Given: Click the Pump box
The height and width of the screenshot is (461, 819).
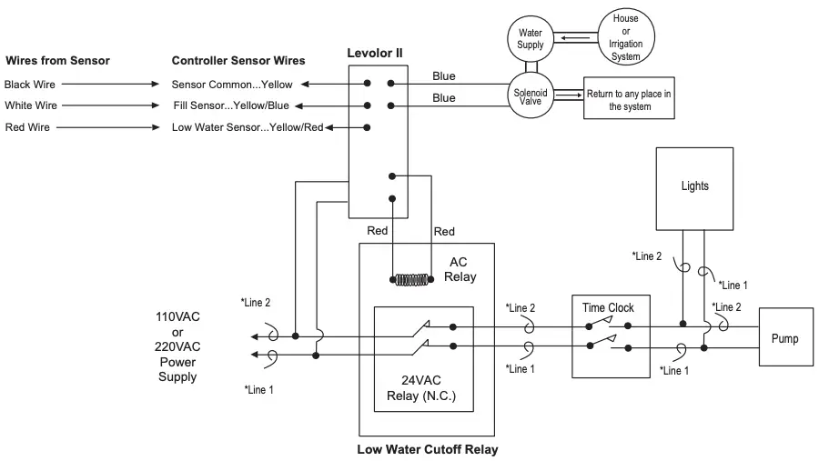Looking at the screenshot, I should [x=784, y=339].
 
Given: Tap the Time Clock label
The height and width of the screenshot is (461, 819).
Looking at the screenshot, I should [x=608, y=307].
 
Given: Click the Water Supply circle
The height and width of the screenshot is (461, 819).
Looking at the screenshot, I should [x=530, y=38].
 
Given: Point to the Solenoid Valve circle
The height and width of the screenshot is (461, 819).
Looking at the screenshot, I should [x=530, y=95].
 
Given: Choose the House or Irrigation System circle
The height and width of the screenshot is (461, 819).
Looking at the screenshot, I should [x=625, y=37].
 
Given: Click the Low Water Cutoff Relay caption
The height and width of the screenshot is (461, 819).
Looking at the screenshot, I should [x=427, y=449].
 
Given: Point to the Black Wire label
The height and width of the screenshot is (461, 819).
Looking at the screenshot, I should [x=30, y=84].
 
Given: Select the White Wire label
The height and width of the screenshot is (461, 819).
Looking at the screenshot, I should [x=31, y=105].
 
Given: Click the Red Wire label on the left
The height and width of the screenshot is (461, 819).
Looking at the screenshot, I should [x=27, y=127].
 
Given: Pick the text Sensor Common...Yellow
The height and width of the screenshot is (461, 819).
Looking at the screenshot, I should [x=234, y=84].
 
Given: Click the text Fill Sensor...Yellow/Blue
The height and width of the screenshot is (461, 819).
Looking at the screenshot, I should [x=231, y=105].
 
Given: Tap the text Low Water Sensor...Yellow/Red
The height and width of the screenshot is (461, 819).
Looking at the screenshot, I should [x=247, y=127].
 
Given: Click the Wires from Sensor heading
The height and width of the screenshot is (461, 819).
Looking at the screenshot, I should [x=57, y=61].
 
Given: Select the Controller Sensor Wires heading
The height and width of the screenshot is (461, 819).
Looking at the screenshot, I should [x=238, y=61].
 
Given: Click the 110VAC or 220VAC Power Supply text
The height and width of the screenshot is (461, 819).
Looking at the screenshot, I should [x=177, y=346].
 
